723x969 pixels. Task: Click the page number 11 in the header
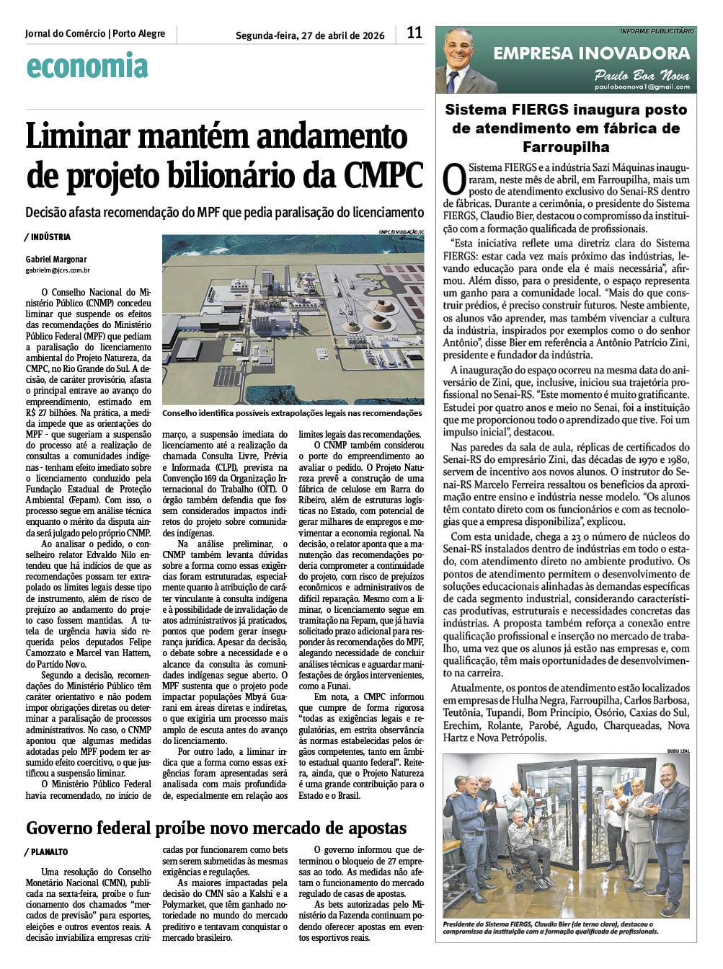[x=414, y=32]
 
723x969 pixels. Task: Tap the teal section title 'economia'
[x=87, y=66]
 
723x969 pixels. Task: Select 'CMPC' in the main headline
[x=383, y=174]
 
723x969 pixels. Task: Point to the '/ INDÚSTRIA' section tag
[x=48, y=237]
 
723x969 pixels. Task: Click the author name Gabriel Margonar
[x=56, y=260]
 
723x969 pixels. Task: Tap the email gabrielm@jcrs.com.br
[x=58, y=270]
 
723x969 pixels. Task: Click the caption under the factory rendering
[x=292, y=413]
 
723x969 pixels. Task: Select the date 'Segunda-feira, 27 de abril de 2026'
[x=310, y=35]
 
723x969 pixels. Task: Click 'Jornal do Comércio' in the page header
[x=65, y=33]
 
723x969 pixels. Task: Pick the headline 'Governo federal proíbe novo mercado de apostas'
[x=216, y=828]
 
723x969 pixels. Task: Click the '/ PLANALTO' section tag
[x=47, y=852]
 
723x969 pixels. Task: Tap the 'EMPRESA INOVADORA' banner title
[x=591, y=53]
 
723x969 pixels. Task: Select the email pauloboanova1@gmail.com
[x=642, y=87]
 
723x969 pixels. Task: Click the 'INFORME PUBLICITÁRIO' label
[x=657, y=31]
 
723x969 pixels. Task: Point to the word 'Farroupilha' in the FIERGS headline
[x=565, y=147]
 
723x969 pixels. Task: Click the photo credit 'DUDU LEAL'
[x=678, y=751]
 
